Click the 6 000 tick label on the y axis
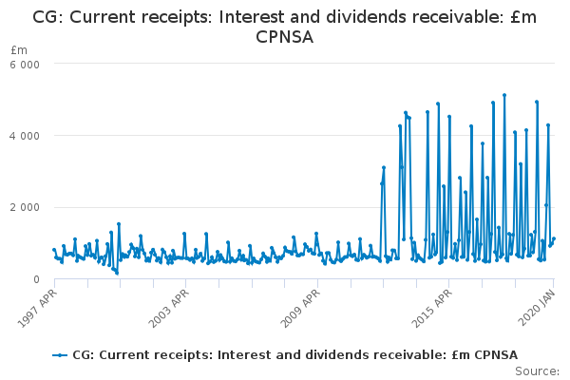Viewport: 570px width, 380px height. [25, 65]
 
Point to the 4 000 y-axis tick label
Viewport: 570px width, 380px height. [25, 137]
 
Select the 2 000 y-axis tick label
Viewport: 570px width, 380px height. [25, 208]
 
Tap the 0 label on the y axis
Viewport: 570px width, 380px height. [36, 279]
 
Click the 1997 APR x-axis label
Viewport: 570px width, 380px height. [37, 309]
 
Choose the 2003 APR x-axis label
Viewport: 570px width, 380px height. [169, 309]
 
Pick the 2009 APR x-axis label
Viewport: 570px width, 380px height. [300, 309]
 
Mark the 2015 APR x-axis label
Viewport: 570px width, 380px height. [432, 309]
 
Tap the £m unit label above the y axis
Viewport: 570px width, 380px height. [19, 50]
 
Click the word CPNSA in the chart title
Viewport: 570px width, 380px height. [285, 37]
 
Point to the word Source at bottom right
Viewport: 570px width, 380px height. [537, 371]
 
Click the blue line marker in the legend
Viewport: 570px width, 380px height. [60, 355]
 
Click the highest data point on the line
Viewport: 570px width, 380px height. [504, 95]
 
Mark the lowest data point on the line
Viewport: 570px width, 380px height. [117, 273]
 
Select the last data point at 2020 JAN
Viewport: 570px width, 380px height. [554, 238]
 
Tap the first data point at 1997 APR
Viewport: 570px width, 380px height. [54, 250]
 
